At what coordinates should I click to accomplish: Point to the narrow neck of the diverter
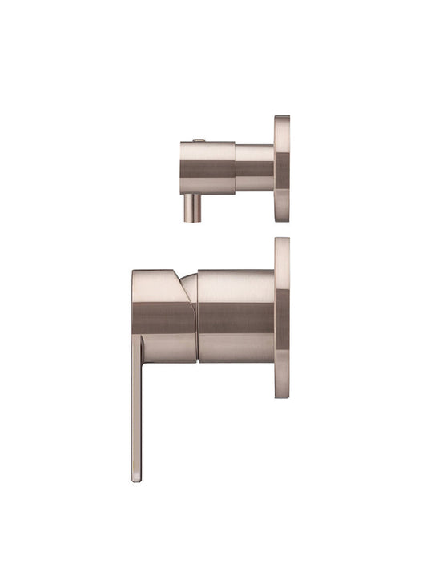tap(255, 169)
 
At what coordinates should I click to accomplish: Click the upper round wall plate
tap(282, 168)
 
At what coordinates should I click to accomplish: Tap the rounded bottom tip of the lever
tap(136, 477)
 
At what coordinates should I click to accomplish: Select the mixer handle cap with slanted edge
tap(162, 312)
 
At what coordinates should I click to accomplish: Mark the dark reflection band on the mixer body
tap(236, 319)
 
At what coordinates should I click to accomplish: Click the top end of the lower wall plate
tap(282, 241)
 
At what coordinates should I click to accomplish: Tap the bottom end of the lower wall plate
tap(282, 394)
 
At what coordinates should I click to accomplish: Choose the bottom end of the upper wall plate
tap(282, 218)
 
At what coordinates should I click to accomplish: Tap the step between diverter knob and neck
tap(236, 168)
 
